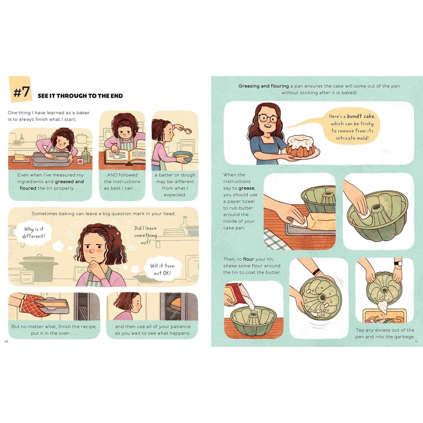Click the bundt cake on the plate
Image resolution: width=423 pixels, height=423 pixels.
coord(301,145)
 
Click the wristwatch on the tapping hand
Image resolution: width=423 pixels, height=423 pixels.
coord(398,264)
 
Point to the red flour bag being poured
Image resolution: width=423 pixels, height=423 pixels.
coord(234,292)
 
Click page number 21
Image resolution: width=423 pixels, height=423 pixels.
coord(416,341)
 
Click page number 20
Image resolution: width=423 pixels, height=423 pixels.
coord(6,341)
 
